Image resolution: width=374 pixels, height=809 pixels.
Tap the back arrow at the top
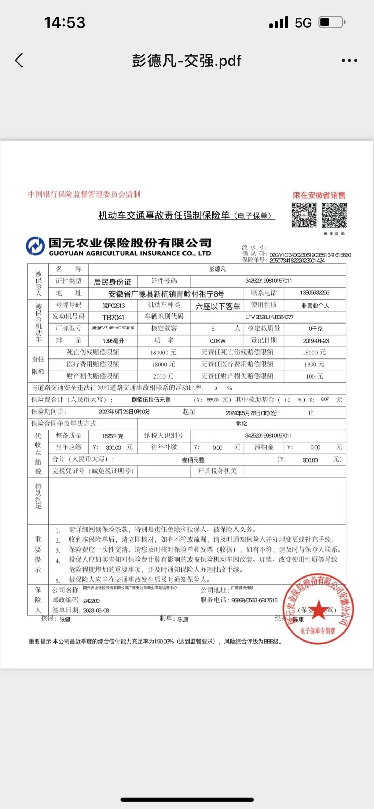[19, 61]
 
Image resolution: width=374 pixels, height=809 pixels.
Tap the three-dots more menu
[349, 61]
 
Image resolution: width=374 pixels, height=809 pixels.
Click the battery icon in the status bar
[331, 22]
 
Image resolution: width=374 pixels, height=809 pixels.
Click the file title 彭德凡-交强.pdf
[186, 61]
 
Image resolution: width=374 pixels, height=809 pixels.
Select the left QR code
[304, 215]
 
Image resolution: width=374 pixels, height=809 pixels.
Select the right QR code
[334, 215]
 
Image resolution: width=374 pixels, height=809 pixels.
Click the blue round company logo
[35, 246]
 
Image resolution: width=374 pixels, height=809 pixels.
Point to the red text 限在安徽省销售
[319, 195]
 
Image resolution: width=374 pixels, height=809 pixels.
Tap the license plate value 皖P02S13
[113, 306]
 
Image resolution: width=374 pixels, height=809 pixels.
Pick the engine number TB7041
[113, 318]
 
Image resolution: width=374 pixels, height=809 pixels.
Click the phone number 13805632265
[314, 293]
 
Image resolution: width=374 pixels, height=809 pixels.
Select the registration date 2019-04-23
[316, 341]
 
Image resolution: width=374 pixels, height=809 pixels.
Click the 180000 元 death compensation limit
[163, 353]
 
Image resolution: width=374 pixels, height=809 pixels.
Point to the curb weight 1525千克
[112, 436]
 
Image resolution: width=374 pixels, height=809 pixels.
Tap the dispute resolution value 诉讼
[241, 424]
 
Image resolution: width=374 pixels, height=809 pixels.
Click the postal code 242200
[91, 601]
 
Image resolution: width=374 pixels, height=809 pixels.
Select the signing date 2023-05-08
[96, 611]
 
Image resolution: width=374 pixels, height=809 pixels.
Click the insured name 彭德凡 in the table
[217, 269]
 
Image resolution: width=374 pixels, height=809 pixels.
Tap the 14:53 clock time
[65, 23]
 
